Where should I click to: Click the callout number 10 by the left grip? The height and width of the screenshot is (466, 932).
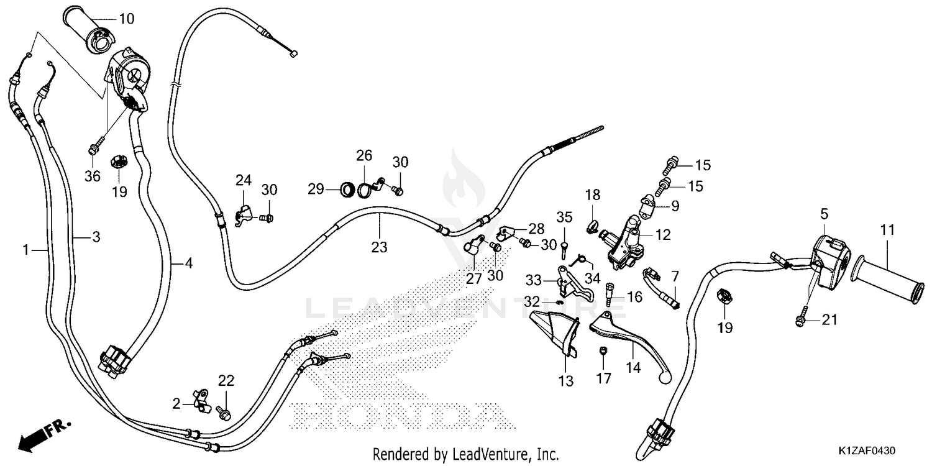pos(127,19)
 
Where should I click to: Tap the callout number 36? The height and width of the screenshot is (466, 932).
pos(93,176)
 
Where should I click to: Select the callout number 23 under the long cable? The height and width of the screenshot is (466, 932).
pos(379,247)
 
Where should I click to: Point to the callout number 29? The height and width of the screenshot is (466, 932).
pos(316,190)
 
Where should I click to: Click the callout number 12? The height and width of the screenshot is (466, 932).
pos(663,235)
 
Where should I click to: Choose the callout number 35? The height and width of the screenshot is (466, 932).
pos(565,217)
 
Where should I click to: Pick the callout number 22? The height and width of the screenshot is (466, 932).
pos(226,381)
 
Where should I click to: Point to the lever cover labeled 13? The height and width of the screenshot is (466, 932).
pos(555,333)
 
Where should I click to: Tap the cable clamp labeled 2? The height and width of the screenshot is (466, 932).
pos(201,401)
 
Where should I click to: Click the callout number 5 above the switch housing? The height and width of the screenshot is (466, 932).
pos(825,214)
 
